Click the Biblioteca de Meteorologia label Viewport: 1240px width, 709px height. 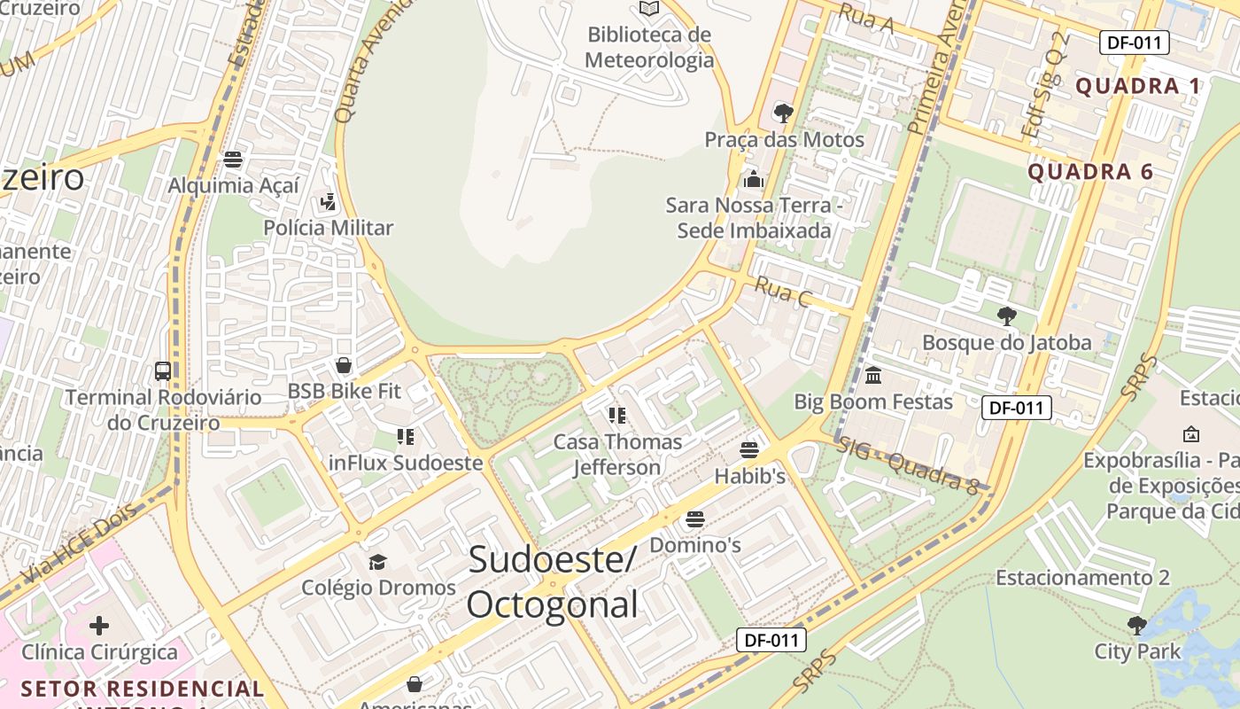coord(649,48)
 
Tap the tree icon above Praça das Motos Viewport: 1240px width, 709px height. coord(783,113)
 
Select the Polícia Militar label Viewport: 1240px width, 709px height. coord(328,228)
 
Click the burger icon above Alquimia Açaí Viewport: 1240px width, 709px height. coord(233,160)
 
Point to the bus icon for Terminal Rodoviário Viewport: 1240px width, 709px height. coord(163,370)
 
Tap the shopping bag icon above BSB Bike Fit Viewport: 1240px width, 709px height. coord(344,365)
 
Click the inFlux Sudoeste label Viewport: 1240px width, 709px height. coord(406,463)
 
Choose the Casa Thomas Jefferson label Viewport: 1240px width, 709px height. coord(617,454)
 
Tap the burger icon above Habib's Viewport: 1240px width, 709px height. coord(749,450)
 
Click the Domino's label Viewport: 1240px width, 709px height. coord(695,545)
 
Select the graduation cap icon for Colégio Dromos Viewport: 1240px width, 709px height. coord(378,562)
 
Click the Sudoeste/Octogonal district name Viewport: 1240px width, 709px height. coord(552,582)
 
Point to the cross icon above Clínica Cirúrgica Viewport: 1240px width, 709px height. coord(99,626)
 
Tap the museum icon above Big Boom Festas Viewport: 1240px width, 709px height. coord(873,376)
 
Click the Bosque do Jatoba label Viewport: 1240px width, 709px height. coord(1007,342)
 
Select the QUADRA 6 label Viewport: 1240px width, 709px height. coord(1090,172)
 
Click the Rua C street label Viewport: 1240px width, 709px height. coord(783,292)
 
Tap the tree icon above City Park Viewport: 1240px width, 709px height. coord(1137,626)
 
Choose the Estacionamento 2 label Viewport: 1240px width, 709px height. coord(1082,578)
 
